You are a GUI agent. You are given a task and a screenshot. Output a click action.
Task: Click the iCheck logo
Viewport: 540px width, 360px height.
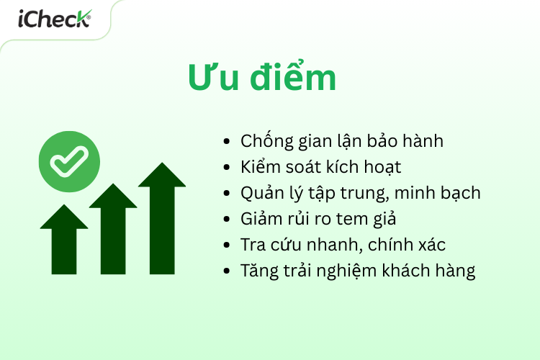[x=54, y=19]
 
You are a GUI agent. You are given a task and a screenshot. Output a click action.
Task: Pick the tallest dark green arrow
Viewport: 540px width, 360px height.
[x=162, y=216]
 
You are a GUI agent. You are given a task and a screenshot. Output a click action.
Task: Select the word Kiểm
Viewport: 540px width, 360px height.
[x=261, y=168]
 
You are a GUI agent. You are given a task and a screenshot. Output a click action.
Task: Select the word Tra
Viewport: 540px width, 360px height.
[x=252, y=246]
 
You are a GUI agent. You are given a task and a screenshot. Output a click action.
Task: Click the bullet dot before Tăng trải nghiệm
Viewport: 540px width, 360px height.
[x=228, y=272]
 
